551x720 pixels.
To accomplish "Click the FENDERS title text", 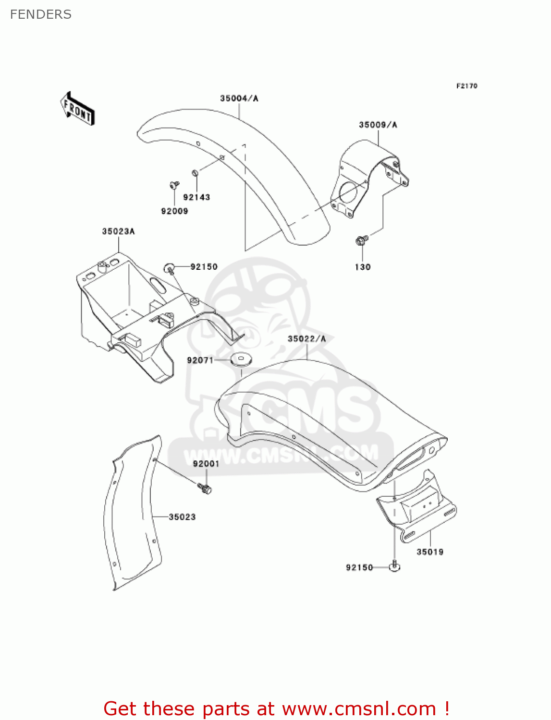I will [41, 14].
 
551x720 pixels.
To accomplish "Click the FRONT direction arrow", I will [77, 109].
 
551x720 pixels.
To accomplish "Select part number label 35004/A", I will [239, 98].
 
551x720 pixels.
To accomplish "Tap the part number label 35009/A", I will [378, 125].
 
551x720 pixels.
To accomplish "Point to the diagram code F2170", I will [466, 86].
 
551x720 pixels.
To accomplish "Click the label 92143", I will [196, 197].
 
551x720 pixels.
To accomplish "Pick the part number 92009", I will [174, 211].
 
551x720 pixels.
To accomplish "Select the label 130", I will [363, 267].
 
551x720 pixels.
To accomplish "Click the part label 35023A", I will [118, 231].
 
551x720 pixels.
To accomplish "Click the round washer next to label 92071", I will [242, 359].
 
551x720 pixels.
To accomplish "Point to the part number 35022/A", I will [306, 339].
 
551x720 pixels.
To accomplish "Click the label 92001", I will [206, 464].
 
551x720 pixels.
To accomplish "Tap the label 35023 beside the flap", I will [182, 517].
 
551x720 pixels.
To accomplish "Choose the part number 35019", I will [430, 552].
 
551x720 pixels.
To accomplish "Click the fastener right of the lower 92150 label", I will [394, 567].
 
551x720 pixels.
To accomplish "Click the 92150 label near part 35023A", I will [204, 267].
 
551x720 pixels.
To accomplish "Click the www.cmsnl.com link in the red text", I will [359, 708].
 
